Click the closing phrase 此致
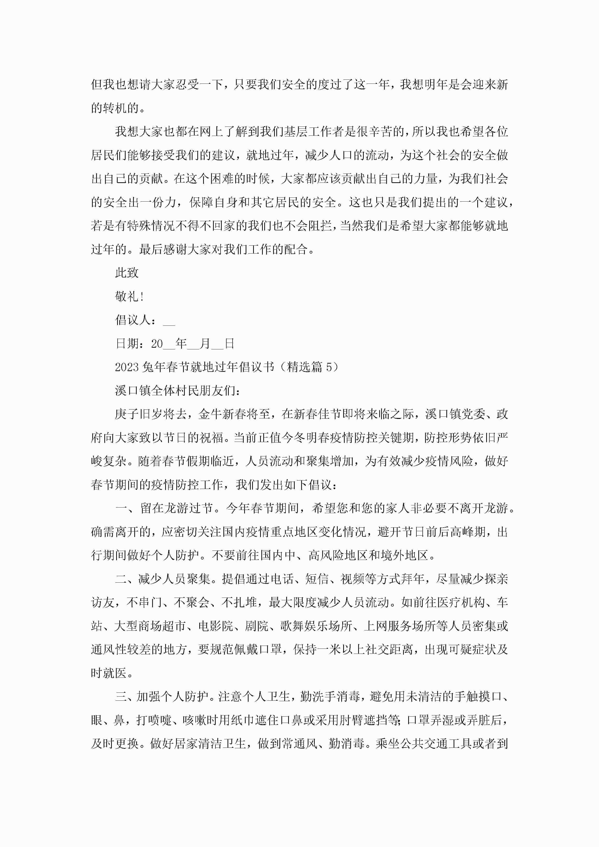(127, 273)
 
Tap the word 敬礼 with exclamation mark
(129, 296)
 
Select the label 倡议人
(133, 320)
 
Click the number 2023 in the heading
(127, 367)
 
